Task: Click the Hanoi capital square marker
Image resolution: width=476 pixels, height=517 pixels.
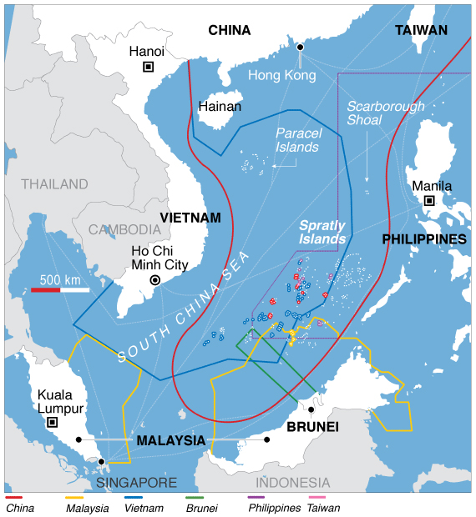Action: point(149,67)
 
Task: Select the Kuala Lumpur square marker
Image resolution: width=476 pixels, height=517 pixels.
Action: point(53,423)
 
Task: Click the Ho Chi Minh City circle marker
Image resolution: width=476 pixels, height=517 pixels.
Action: point(154,280)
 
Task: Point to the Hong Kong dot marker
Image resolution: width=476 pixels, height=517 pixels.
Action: point(300,48)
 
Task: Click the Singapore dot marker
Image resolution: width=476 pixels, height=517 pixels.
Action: point(101,461)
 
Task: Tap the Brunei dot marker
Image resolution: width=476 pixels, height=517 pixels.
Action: point(311,409)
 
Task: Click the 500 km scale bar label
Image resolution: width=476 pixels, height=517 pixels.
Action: point(60,279)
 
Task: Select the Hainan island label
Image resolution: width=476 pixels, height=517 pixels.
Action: point(220,107)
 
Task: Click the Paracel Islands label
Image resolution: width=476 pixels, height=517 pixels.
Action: point(298,139)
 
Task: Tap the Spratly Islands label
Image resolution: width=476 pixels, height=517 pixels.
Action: point(322,232)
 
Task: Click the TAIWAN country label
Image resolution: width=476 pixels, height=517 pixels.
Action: point(421,30)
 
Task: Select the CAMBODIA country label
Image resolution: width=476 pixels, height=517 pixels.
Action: point(124,229)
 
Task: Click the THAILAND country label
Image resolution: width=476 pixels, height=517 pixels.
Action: point(54,183)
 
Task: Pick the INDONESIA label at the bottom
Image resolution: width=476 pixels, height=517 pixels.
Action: point(292,482)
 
